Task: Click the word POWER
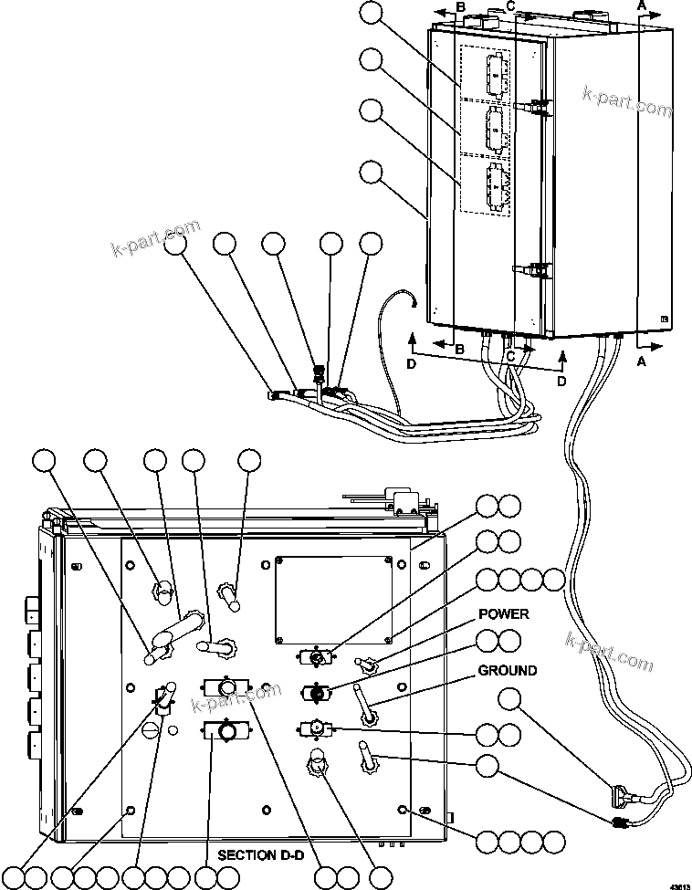tap(503, 613)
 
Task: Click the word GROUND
tap(508, 670)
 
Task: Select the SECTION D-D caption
tap(260, 855)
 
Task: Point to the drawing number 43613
tap(679, 884)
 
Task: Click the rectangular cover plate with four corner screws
tap(336, 598)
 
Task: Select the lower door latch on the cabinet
tap(537, 269)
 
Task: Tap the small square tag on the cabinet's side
tap(664, 318)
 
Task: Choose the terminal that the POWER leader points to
tap(369, 667)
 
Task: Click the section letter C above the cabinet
tap(511, 7)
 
